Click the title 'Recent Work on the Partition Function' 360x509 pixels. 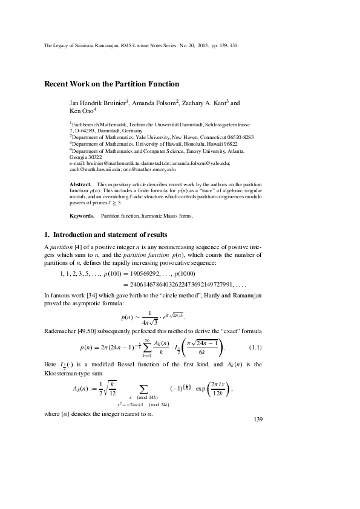[x=112, y=84]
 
